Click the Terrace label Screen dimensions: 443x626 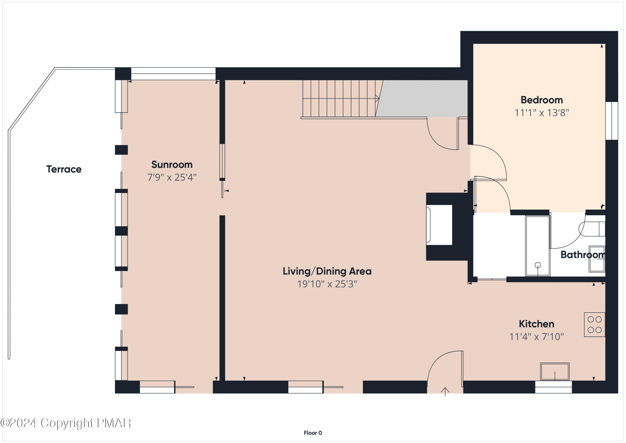pyautogui.click(x=64, y=169)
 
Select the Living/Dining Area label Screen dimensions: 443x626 pyautogui.click(x=327, y=271)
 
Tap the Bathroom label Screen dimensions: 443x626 pyautogui.click(x=582, y=255)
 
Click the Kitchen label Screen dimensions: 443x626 pyautogui.click(x=536, y=324)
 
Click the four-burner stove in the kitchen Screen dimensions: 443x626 pyautogui.click(x=594, y=325)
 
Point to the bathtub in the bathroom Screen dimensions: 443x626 pyautogui.click(x=537, y=246)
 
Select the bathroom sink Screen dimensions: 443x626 pyautogui.click(x=597, y=259)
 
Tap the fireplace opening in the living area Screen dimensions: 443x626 pyautogui.click(x=439, y=225)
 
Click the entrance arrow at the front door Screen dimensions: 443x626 pyautogui.click(x=445, y=392)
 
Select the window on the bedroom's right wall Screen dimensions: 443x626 pyautogui.click(x=612, y=121)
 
